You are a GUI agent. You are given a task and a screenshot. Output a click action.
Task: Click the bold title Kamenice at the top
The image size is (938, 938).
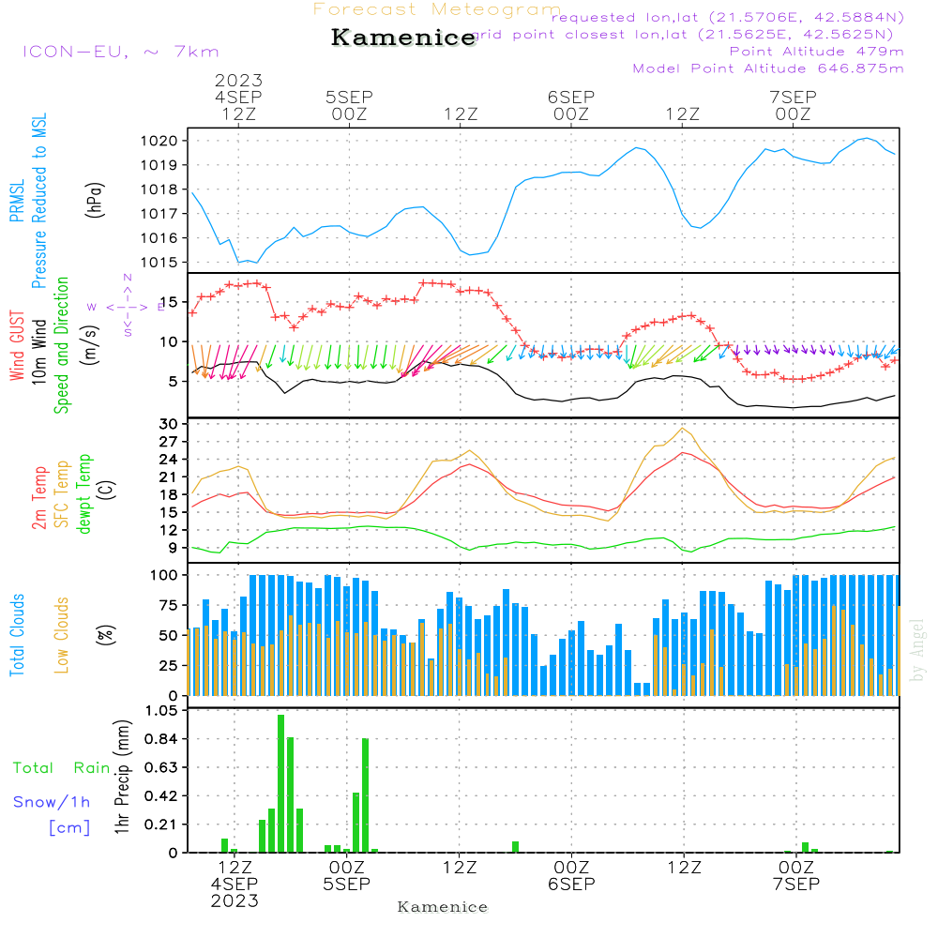(x=403, y=38)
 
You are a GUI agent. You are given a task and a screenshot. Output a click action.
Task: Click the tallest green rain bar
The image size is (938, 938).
(x=280, y=783)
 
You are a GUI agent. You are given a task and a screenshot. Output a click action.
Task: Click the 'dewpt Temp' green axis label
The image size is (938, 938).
(x=85, y=493)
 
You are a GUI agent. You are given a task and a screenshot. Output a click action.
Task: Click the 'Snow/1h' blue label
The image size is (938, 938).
(x=53, y=802)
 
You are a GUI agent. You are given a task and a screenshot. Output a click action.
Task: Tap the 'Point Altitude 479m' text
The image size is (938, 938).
(x=816, y=51)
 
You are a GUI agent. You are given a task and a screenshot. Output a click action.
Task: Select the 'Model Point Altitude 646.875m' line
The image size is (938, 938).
(x=768, y=68)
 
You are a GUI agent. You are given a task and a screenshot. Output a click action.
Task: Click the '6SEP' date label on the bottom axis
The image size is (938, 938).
(x=571, y=884)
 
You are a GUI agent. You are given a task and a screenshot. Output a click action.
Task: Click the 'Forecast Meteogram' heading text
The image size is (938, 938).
(x=437, y=9)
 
